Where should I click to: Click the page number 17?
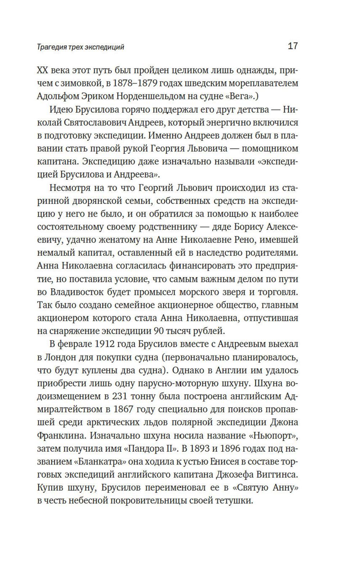293,46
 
